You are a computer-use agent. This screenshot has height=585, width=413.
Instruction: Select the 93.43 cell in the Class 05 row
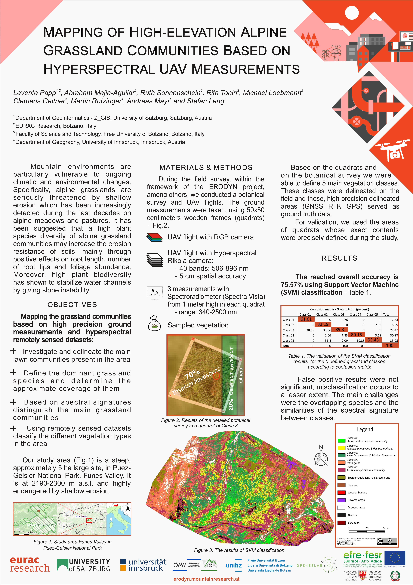(x=373, y=340)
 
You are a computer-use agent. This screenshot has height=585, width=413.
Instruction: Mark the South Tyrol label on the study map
(x=81, y=516)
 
